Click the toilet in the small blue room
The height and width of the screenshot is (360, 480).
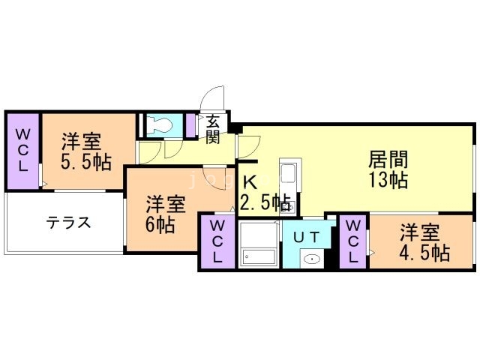160,125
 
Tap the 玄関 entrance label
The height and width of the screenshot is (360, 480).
212,127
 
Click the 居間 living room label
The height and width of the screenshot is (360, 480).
388,160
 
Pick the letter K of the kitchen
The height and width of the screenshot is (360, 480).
250,182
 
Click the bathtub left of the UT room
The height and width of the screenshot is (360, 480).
258,244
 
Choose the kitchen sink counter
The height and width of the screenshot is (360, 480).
289,180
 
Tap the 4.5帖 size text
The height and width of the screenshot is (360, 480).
424,252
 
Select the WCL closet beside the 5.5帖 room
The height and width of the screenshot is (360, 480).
22,150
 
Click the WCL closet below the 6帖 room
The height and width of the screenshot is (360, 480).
217,241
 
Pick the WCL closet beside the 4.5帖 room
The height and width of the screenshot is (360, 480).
353,241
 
